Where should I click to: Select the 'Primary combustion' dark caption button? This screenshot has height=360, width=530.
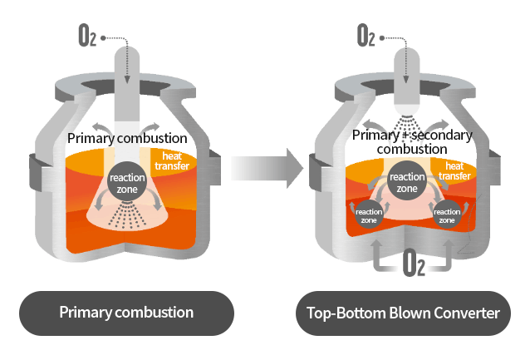coord(126,313)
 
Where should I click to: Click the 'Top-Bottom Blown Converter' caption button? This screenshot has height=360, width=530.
coord(404,313)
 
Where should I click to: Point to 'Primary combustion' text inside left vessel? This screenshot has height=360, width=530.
coord(126,138)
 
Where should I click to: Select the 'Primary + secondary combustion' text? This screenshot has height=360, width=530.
coord(412,141)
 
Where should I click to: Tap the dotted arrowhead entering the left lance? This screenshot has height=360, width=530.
coord(126,79)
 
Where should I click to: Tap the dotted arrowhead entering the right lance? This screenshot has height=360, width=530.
coord(405,79)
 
